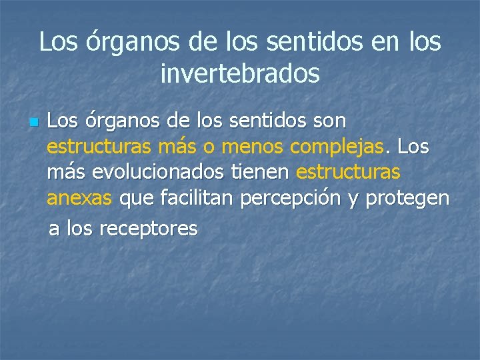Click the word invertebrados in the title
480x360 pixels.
(240, 73)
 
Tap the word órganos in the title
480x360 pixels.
(131, 43)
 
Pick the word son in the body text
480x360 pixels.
(327, 121)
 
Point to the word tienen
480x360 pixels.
(260, 172)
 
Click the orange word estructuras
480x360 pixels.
(348, 172)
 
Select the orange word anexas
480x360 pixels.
(81, 198)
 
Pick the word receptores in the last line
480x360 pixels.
(148, 229)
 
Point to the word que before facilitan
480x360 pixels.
(137, 199)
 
